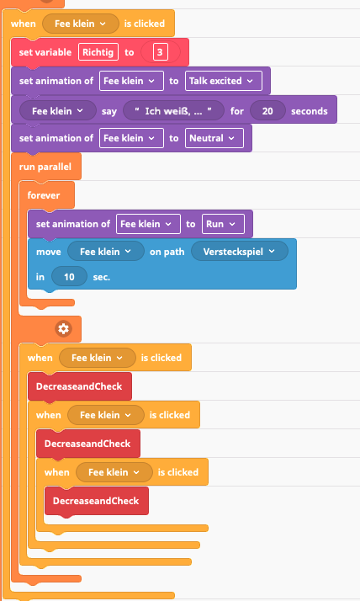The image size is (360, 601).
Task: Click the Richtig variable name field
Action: click(x=98, y=52)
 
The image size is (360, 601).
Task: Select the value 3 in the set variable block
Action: click(x=160, y=52)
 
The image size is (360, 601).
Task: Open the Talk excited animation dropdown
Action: click(x=224, y=81)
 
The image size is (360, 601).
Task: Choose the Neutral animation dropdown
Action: click(x=214, y=138)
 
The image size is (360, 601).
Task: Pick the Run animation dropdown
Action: click(x=223, y=224)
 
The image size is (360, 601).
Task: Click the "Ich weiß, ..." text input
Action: click(x=173, y=111)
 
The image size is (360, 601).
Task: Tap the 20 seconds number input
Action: click(x=267, y=111)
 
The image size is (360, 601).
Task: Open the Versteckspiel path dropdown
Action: click(x=240, y=252)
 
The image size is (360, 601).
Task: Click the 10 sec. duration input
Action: click(x=69, y=277)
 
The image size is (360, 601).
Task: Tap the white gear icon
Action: click(x=63, y=329)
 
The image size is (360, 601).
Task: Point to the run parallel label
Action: click(x=45, y=167)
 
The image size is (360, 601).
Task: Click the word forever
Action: click(x=44, y=195)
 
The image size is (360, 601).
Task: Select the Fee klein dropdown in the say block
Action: click(x=58, y=111)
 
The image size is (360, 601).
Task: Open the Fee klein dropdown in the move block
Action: click(x=106, y=252)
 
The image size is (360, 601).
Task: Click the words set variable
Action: click(x=45, y=52)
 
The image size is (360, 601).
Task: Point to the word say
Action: click(x=109, y=112)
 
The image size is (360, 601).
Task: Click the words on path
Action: click(x=167, y=252)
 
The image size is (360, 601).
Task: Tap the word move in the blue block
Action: click(x=49, y=252)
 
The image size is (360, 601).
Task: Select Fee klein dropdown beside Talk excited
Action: click(x=131, y=81)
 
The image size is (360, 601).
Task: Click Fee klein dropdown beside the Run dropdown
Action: click(x=148, y=224)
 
